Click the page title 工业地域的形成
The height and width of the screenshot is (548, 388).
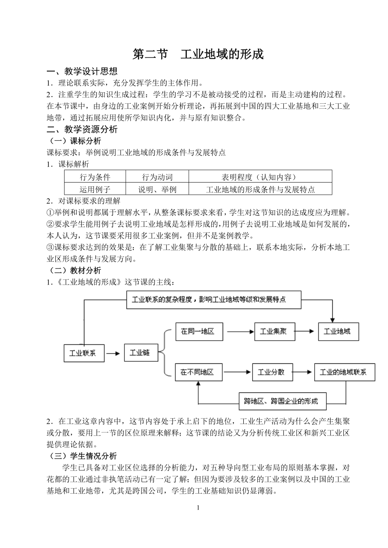click(198, 54)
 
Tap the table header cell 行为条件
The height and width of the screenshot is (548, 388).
click(95, 177)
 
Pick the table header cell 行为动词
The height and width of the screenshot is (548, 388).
click(157, 177)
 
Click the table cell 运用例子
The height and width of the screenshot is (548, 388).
click(95, 189)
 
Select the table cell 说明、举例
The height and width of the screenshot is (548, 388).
click(157, 189)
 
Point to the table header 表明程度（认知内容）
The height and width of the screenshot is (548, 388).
click(260, 177)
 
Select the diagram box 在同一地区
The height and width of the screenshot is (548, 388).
click(198, 331)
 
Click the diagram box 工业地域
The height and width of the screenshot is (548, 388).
click(337, 331)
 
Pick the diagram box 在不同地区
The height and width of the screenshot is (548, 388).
click(197, 372)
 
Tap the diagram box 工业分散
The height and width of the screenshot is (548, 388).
click(271, 372)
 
